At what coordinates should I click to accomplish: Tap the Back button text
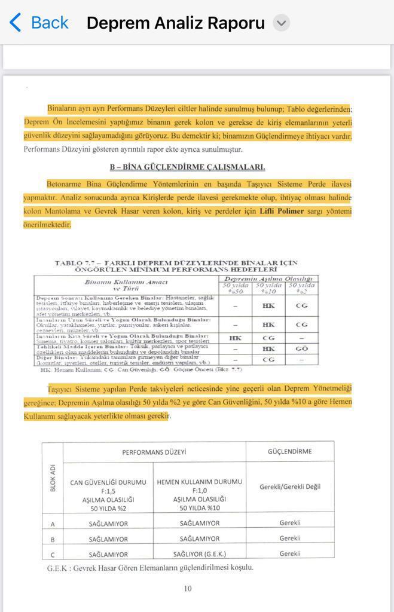(49, 23)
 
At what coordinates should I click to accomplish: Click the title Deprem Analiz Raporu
(175, 23)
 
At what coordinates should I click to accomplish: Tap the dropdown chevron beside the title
(281, 23)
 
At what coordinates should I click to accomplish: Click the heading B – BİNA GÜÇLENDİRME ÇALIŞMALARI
(187, 167)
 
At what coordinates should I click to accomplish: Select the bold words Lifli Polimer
(282, 211)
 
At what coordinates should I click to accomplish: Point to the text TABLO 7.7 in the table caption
(74, 263)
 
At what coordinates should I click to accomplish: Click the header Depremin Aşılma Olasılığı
(269, 279)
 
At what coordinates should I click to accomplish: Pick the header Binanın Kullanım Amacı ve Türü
(126, 284)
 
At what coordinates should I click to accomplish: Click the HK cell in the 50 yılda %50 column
(235, 338)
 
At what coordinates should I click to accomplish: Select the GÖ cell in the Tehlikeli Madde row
(301, 348)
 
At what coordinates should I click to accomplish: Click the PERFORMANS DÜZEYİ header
(154, 452)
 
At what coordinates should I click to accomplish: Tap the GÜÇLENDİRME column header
(290, 451)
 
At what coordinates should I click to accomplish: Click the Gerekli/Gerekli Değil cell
(290, 486)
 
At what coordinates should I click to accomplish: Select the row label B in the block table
(53, 539)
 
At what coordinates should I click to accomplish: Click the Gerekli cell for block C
(290, 554)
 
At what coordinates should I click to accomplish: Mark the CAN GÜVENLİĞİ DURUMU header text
(108, 482)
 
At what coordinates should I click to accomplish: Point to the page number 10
(188, 589)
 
